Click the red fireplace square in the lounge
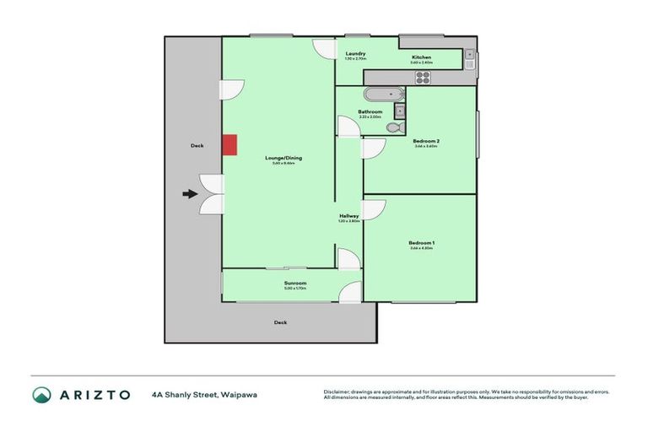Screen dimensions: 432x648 coord(229,145)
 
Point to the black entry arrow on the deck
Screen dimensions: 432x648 coord(191,194)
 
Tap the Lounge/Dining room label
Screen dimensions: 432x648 coord(283,158)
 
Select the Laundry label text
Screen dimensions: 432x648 coord(355,54)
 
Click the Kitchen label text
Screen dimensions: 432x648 coord(421,57)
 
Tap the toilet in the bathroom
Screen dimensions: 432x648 coord(393,127)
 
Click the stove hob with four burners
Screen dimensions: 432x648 coord(423,77)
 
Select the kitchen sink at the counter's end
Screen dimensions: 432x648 coord(468,60)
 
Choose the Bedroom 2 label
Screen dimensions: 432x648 coord(425,141)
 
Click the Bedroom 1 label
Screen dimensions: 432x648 coord(422,243)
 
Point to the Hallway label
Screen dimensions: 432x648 coord(349,216)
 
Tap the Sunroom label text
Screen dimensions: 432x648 coord(295,283)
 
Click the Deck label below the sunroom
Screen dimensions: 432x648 coord(280,322)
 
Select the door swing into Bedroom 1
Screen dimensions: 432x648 coord(374,210)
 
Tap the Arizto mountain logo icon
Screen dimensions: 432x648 coord(42,394)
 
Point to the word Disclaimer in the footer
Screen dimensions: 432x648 coord(337,391)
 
